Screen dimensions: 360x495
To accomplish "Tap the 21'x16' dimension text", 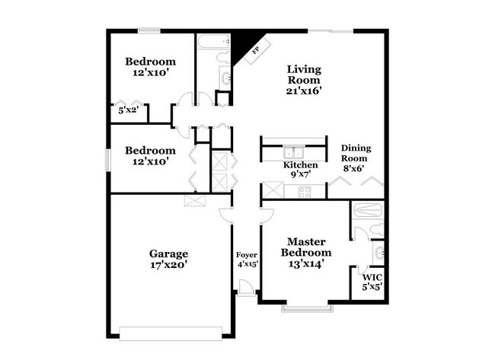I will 303,90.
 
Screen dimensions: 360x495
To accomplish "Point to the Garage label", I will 169,253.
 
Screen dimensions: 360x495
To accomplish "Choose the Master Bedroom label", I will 306,247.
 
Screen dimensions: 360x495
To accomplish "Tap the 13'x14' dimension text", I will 306,265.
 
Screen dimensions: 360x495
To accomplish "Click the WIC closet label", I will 372,277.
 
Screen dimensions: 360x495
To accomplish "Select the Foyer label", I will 246,254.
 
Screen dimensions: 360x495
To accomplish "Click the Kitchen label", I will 301,164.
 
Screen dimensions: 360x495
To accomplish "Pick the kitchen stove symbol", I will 304,191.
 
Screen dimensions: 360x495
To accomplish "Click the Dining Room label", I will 356,154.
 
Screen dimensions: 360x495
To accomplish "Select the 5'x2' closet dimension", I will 127,110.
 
